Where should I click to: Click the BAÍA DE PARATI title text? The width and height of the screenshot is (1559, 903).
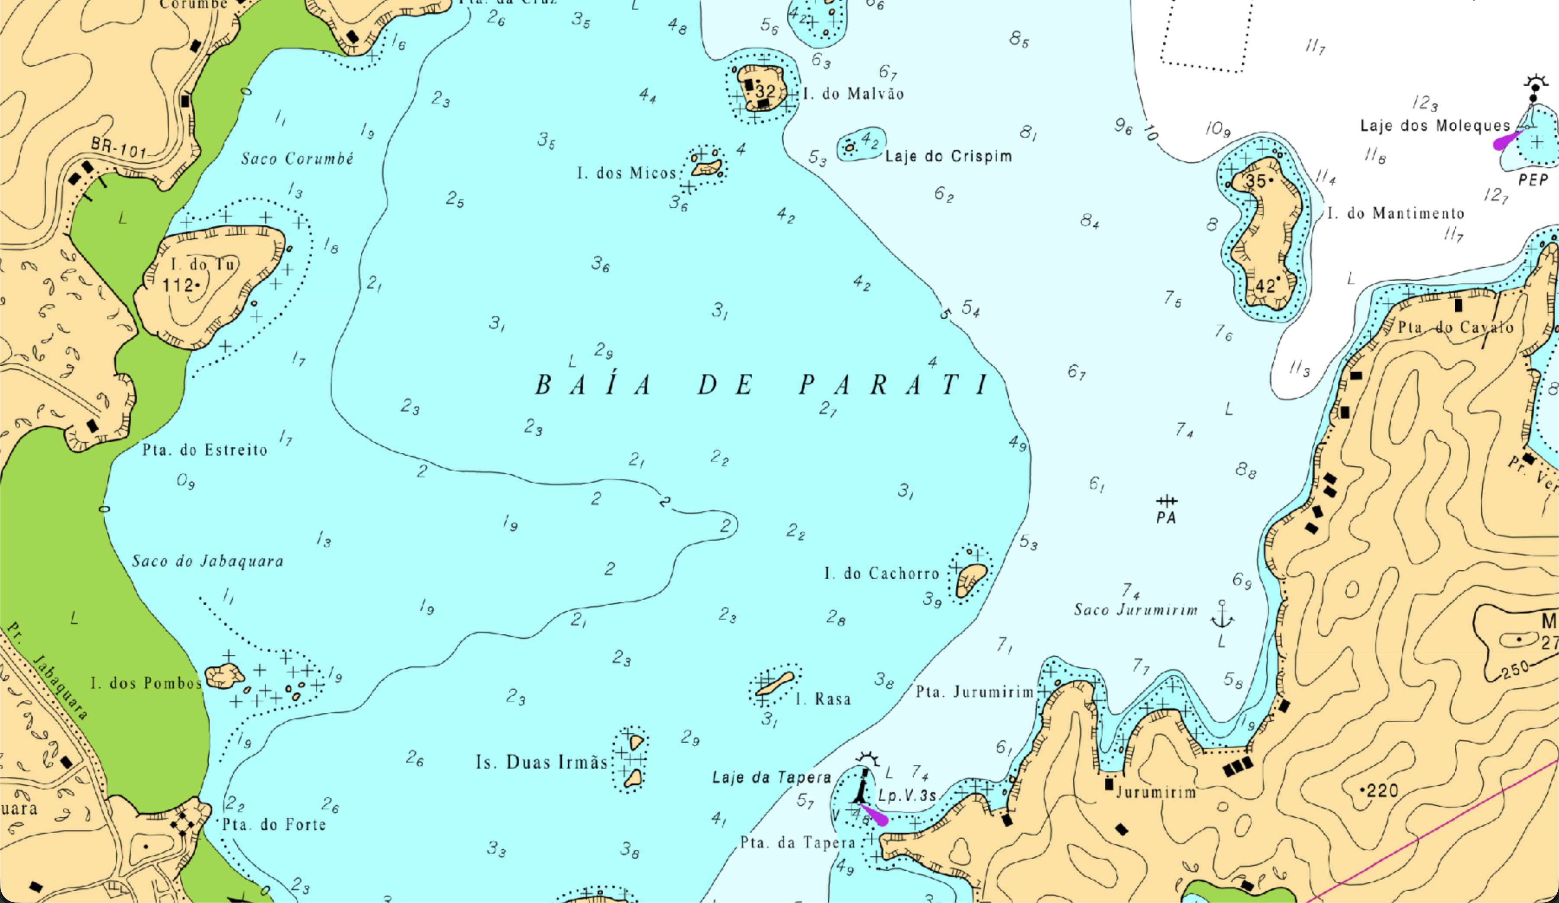[761, 385]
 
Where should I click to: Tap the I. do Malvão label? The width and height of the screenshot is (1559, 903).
[854, 94]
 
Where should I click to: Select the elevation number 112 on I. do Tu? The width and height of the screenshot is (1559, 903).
[178, 285]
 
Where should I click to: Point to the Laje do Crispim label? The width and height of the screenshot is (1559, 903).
[948, 156]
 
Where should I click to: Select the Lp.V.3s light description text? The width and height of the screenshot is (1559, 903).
[907, 795]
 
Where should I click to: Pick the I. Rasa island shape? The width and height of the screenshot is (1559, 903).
[775, 684]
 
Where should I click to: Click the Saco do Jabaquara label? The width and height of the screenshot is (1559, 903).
[208, 562]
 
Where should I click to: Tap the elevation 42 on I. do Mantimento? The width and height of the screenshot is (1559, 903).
[1265, 286]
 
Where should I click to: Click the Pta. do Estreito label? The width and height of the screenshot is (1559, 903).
[205, 450]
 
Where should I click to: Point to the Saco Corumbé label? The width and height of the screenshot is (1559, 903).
[297, 159]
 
